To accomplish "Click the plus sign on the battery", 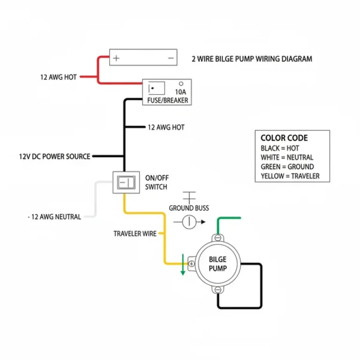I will (x=116, y=59).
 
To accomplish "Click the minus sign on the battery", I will (x=170, y=59).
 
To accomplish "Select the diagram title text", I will (x=252, y=59).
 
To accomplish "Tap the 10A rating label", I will (x=180, y=92).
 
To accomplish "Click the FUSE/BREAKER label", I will (x=167, y=101).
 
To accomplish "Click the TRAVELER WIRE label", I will (x=135, y=233).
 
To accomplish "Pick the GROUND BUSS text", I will (x=189, y=208).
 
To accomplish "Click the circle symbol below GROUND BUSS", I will (x=188, y=222).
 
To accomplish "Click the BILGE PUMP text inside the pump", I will (x=217, y=264).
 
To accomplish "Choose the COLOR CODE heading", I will (x=284, y=138).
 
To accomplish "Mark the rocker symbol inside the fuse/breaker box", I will (x=157, y=89).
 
